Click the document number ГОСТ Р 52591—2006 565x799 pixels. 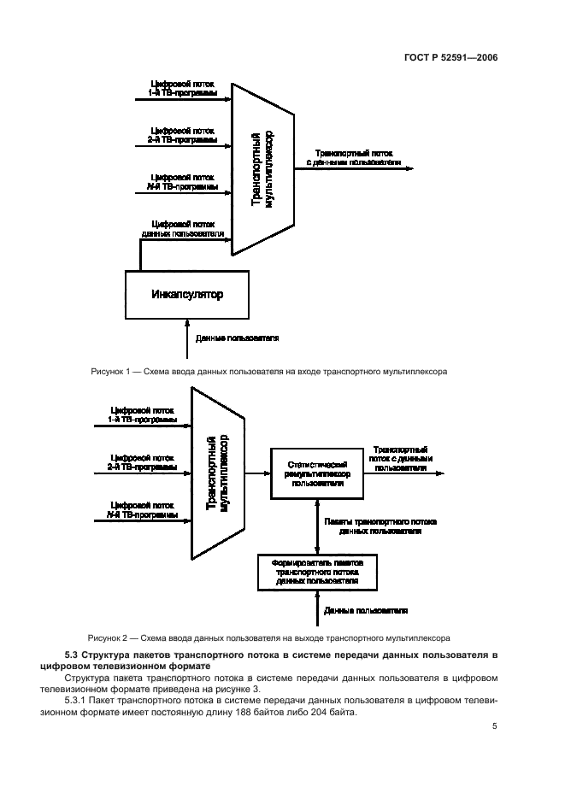pyautogui.click(x=450, y=58)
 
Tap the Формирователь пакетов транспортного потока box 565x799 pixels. pyautogui.click(x=317, y=572)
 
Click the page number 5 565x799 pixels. pyautogui.click(x=494, y=726)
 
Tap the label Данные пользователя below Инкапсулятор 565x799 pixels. pyautogui.click(x=238, y=338)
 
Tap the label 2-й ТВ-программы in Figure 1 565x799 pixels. pyautogui.click(x=182, y=138)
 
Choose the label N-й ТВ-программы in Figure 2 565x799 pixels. pyautogui.click(x=142, y=515)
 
